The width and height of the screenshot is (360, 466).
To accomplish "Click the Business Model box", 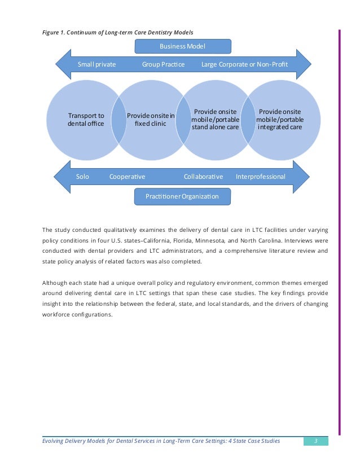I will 183,46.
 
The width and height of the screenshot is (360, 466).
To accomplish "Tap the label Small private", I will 96,65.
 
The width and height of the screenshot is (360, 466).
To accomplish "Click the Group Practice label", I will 163,65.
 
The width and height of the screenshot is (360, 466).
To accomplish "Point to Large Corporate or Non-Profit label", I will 244,65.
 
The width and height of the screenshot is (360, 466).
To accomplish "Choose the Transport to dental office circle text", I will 86,120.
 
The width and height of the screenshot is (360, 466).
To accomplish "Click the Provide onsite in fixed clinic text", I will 151,120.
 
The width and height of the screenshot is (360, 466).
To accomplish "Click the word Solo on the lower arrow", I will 82,177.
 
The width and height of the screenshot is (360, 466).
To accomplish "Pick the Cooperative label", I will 127,177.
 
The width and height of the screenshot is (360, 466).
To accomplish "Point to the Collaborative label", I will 203,177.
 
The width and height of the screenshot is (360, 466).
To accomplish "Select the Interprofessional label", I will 260,177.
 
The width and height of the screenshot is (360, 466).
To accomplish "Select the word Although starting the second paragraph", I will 57,282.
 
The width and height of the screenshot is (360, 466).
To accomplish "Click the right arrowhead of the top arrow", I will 305,64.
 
